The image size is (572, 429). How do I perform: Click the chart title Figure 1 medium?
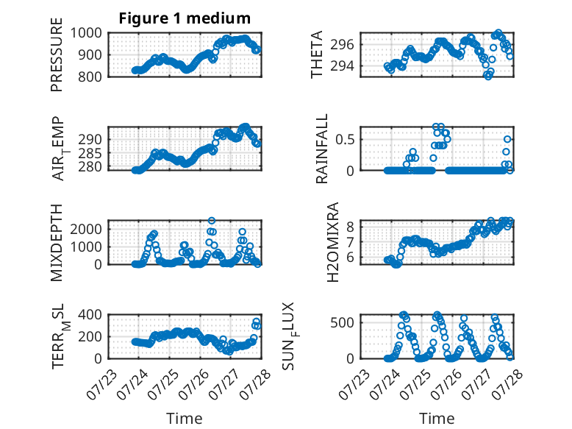click(185, 18)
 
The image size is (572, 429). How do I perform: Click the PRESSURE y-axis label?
click(57, 54)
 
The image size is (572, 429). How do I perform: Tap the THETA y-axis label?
click(317, 54)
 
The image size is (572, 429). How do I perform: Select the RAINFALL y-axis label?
click(322, 149)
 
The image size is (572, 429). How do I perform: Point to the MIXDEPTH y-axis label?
click(57, 243)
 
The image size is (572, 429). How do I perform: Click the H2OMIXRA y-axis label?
click(332, 242)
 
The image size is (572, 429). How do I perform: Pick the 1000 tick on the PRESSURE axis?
click(86, 33)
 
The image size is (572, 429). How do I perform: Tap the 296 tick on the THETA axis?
click(342, 45)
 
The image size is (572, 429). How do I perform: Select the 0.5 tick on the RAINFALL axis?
click(345, 140)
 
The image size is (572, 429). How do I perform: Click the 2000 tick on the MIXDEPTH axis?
click(86, 230)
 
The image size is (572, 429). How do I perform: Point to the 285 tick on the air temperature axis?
click(90, 153)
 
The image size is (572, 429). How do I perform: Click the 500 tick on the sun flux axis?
click(342, 323)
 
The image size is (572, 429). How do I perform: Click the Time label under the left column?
click(185, 419)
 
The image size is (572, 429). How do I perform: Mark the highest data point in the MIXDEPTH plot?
click(212, 221)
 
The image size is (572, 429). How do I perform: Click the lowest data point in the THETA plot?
click(487, 76)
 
